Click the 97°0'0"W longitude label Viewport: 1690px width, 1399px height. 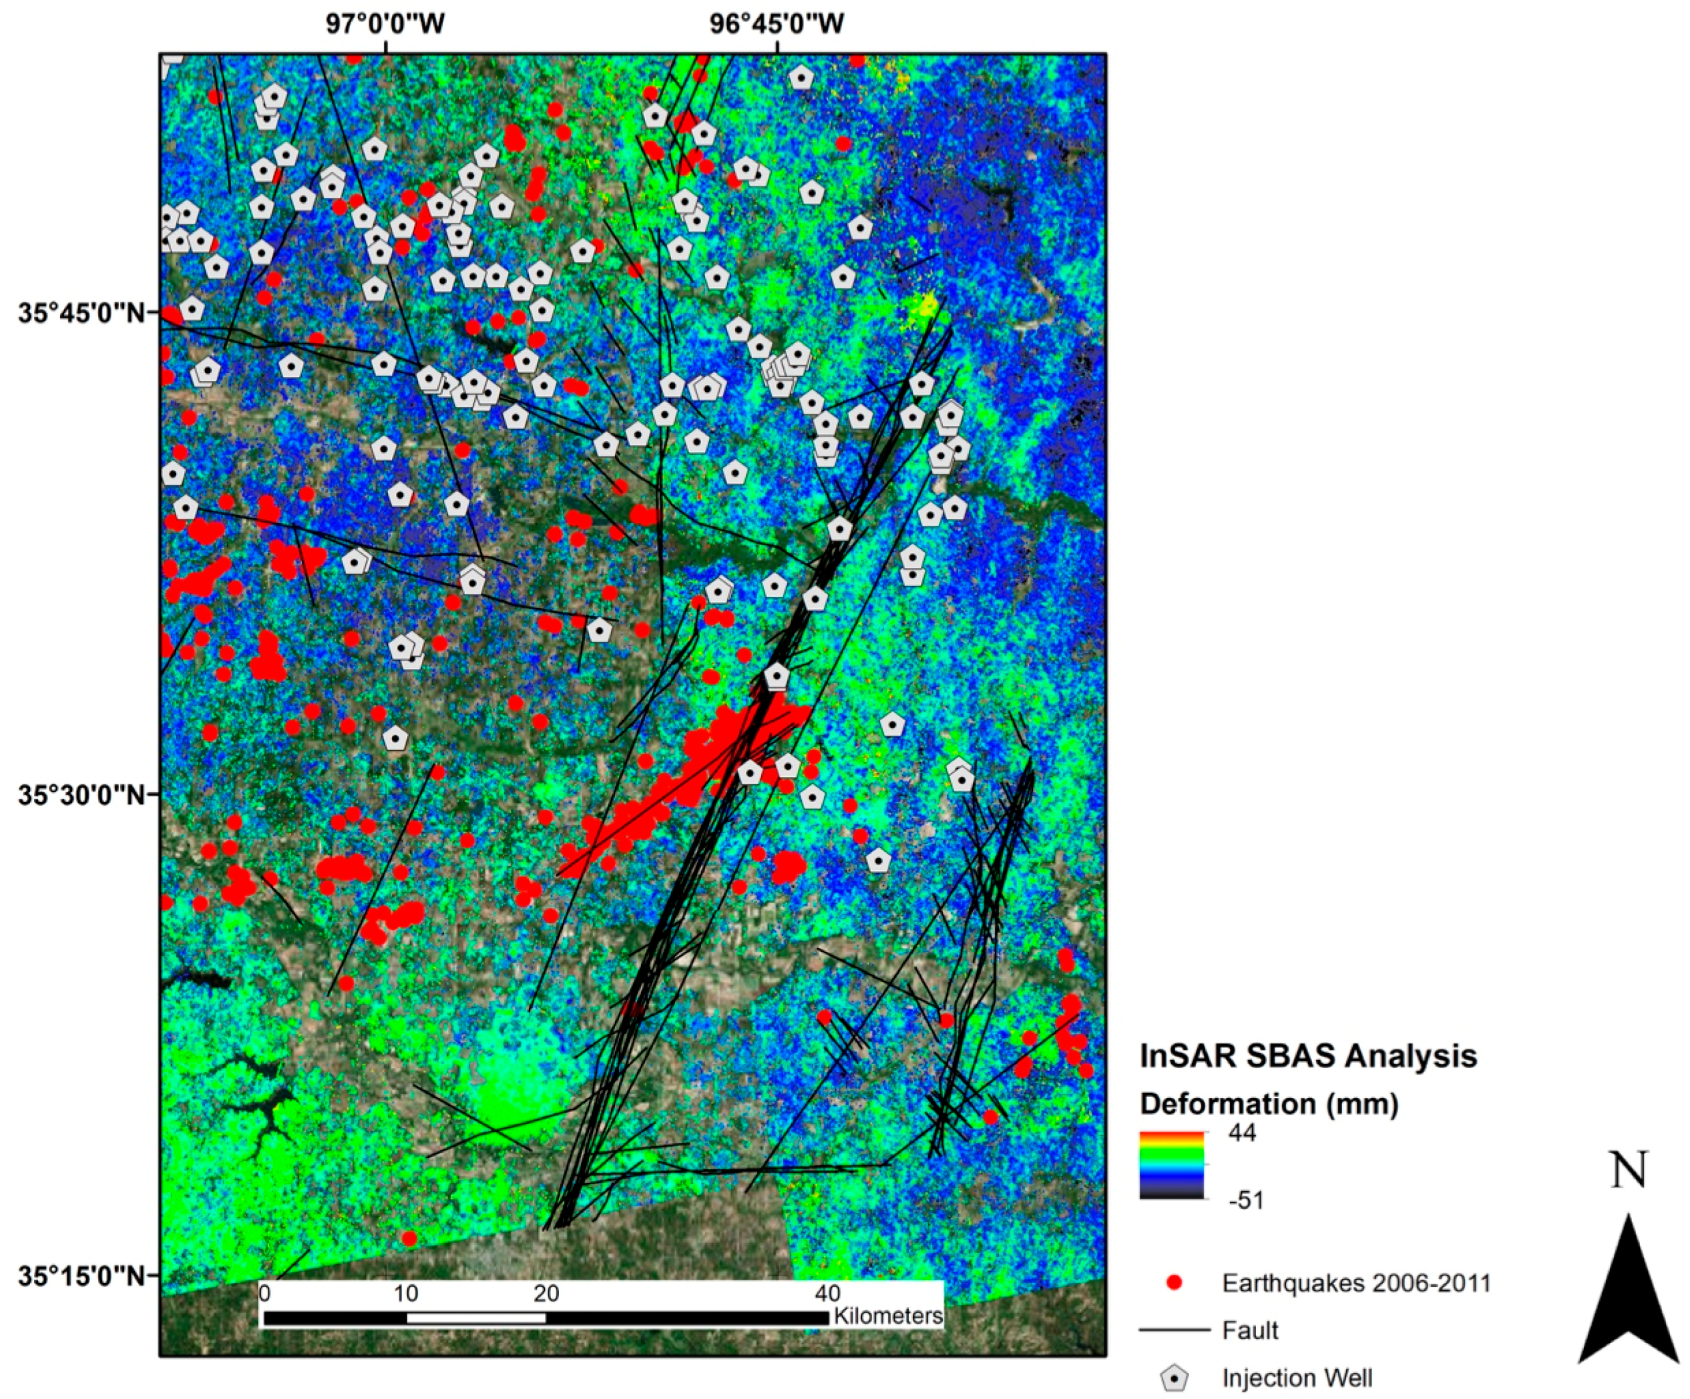(385, 24)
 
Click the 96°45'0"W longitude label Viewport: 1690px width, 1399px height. (776, 24)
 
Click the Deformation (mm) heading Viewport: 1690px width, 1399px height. (1269, 1104)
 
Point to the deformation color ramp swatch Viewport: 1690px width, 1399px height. (1172, 1165)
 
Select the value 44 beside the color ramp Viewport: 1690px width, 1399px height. (1242, 1133)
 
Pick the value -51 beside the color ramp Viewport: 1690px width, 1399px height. (1246, 1200)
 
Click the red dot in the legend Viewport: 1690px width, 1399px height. (1175, 1282)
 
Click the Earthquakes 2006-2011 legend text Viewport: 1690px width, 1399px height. (1357, 1282)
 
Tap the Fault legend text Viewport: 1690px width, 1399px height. (1250, 1330)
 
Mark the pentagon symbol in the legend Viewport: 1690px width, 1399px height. (1175, 1378)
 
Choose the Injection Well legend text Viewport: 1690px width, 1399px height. (1297, 1378)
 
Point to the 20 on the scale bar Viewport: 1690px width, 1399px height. (546, 1294)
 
